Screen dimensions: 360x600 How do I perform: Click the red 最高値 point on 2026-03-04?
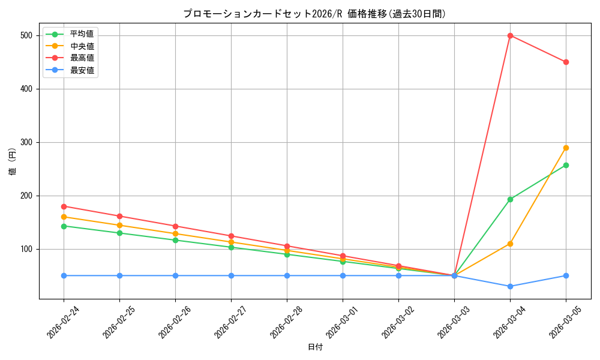510,35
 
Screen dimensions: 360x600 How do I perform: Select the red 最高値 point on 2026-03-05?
566,62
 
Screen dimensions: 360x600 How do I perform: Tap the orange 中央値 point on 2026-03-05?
566,148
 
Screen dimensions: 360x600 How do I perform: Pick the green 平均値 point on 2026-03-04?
510,199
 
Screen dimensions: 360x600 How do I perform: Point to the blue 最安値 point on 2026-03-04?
510,286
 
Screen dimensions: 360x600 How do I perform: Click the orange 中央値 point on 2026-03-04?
510,244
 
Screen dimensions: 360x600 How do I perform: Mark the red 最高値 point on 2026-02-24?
64,206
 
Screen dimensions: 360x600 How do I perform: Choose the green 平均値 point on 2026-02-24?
64,226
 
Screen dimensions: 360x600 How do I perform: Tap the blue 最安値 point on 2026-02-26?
175,275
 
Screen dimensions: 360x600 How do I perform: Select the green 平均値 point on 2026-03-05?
566,165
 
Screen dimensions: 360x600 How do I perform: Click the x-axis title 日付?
315,347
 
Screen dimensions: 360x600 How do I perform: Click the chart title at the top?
315,14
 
